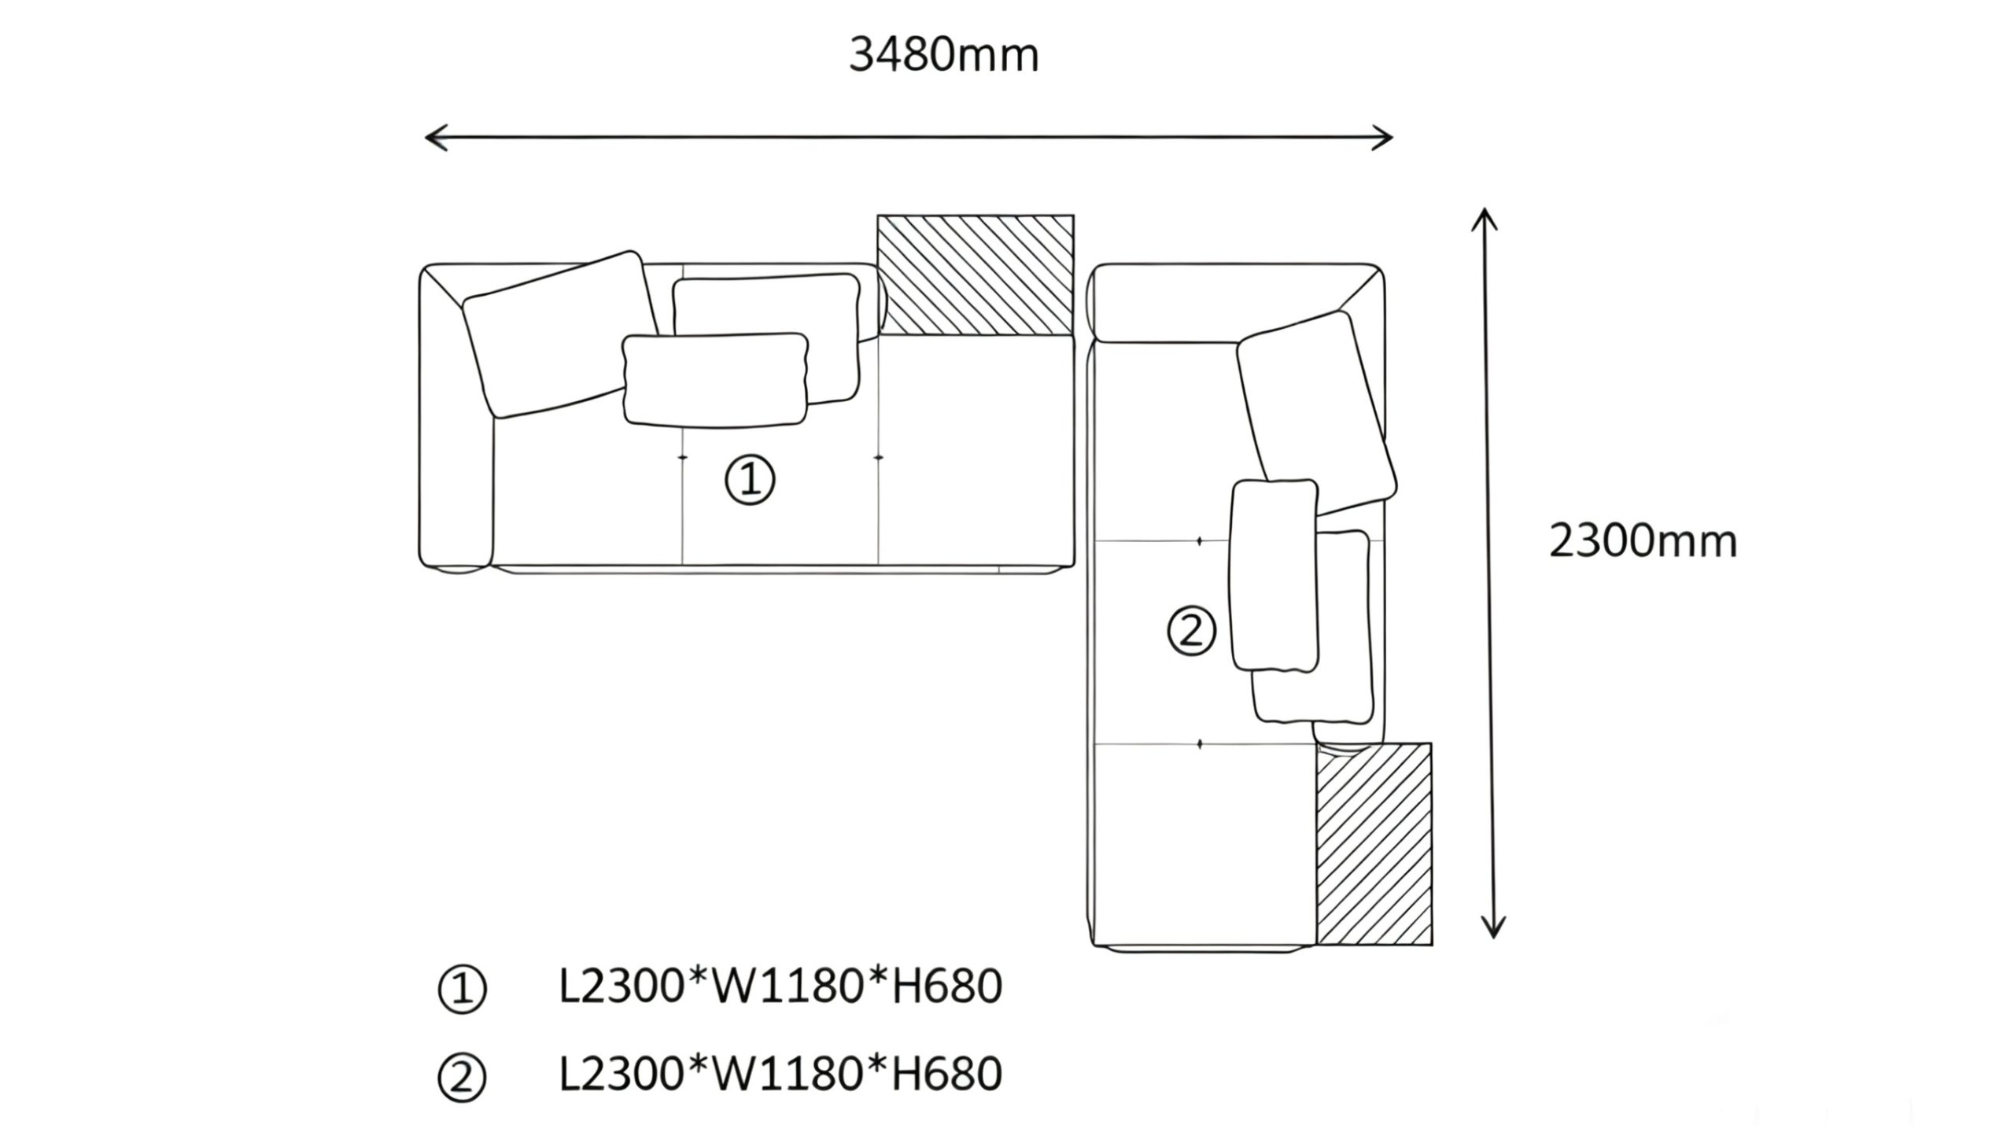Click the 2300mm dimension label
(x=1643, y=542)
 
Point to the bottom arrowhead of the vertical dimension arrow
(x=1493, y=931)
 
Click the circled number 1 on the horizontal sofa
(x=750, y=481)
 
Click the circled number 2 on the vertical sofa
(x=1191, y=631)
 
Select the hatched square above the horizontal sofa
(x=976, y=275)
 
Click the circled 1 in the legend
(x=463, y=990)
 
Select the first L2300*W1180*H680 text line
(x=780, y=986)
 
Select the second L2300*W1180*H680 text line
(x=780, y=1075)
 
